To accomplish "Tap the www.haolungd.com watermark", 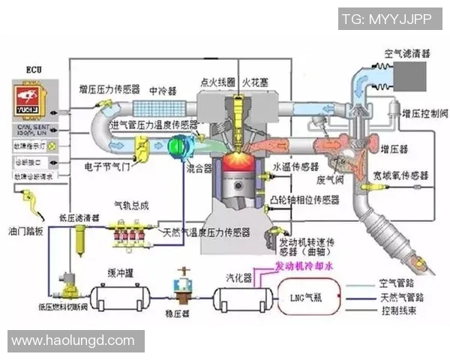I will click(x=73, y=341).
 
